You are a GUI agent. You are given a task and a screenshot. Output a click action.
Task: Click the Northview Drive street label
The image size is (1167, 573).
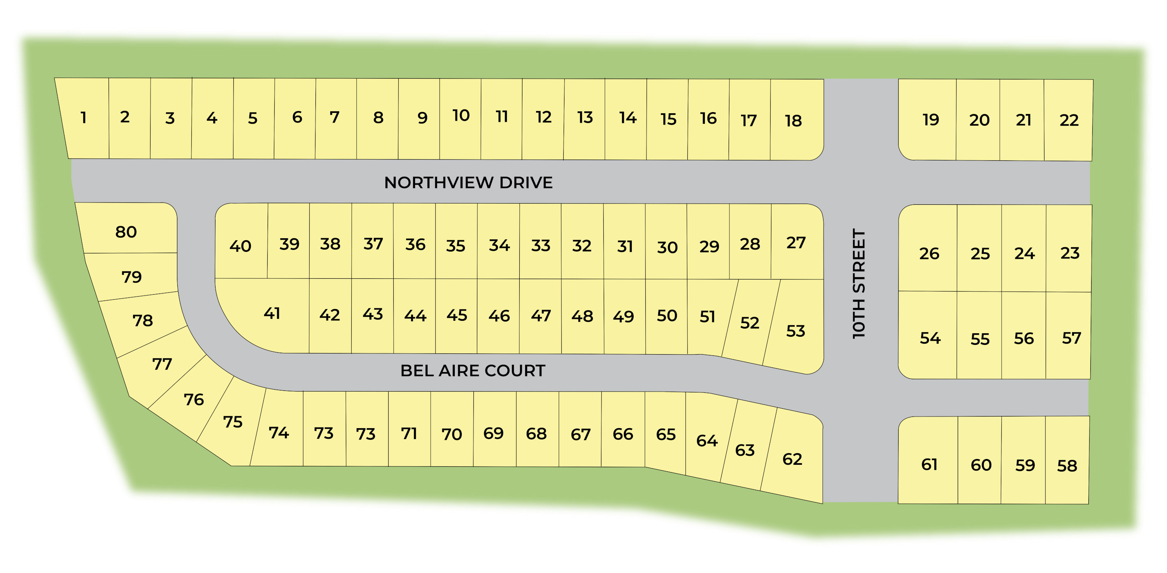468,182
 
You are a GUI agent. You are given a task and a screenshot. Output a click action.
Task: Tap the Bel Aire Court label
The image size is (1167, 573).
473,370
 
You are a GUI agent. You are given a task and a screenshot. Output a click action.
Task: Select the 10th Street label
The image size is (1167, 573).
859,283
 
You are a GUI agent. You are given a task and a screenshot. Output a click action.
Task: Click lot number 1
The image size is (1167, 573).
83,118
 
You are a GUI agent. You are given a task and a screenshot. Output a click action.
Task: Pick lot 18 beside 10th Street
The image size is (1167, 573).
793,121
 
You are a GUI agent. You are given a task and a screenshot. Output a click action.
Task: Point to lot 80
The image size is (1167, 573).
126,232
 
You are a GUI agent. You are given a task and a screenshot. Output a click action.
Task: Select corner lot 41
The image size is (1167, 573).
272,313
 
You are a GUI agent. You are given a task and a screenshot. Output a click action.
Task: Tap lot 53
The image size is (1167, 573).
796,330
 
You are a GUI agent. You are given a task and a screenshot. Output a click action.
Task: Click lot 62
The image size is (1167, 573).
792,459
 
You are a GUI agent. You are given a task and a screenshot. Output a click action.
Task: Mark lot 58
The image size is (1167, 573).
1067,466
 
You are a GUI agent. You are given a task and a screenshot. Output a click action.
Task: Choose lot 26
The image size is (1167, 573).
929,253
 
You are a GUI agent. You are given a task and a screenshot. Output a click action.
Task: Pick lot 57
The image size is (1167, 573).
1071,338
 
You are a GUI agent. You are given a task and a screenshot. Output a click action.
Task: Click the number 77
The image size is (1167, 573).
162,364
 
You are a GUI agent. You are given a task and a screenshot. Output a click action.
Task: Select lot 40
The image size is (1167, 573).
240,246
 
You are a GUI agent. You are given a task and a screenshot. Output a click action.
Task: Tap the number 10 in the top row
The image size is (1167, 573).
461,116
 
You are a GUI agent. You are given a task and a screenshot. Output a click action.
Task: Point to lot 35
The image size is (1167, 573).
455,246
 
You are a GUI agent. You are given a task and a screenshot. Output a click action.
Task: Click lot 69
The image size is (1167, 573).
493,433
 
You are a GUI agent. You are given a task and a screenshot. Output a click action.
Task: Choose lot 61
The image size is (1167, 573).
929,464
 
